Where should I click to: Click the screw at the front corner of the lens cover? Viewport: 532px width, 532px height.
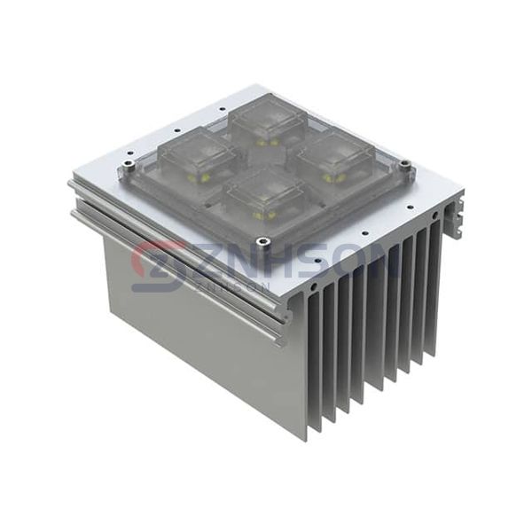click(262, 240)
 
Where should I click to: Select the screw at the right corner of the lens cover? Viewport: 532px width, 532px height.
click(404, 164)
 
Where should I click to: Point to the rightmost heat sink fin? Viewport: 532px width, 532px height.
click(435, 284)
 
